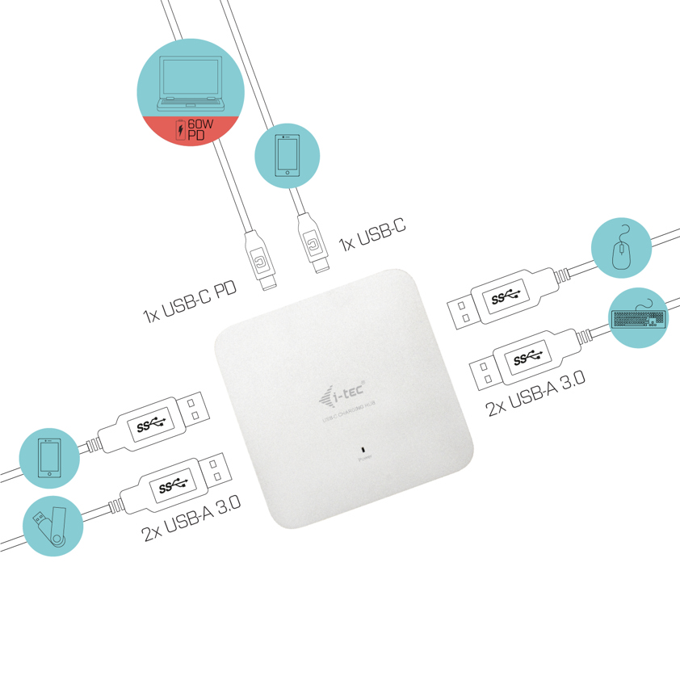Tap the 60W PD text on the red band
200,129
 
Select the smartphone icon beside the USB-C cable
287,157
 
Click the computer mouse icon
621,249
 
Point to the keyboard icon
639,317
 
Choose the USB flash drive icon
51,526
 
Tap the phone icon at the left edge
50,459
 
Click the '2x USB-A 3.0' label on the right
535,393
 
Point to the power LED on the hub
363,449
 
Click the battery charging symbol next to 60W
179,130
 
